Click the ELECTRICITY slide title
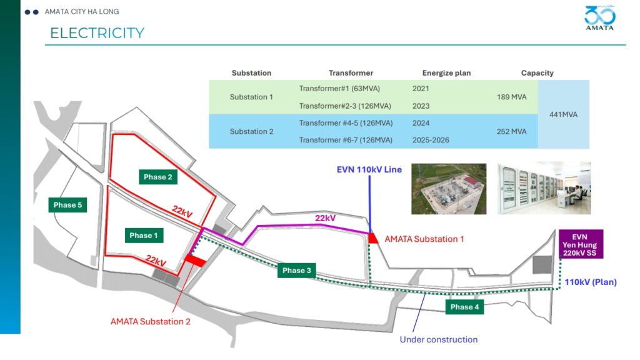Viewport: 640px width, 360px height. click(x=97, y=33)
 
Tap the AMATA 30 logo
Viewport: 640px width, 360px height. click(x=599, y=17)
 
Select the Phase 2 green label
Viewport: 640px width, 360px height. click(x=158, y=177)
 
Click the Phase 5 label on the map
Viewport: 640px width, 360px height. click(x=67, y=205)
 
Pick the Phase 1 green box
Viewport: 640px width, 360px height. click(x=144, y=236)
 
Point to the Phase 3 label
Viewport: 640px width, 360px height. click(x=297, y=271)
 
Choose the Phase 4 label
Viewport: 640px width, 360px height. click(x=464, y=307)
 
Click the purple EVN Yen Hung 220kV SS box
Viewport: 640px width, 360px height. click(x=581, y=244)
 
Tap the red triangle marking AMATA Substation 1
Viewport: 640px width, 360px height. click(x=373, y=238)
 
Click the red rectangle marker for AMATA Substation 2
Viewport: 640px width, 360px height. click(x=195, y=261)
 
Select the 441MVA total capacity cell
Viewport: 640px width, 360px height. click(x=563, y=115)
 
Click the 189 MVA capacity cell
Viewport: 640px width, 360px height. click(x=511, y=97)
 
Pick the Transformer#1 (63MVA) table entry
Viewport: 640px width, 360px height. click(x=339, y=89)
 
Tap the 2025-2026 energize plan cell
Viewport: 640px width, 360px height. click(x=431, y=140)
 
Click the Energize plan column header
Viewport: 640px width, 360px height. click(x=446, y=73)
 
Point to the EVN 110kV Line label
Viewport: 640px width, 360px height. click(x=369, y=169)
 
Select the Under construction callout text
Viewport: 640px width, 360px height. click(x=438, y=339)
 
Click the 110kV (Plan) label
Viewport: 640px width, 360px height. click(x=591, y=282)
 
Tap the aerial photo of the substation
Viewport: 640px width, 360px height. click(x=449, y=189)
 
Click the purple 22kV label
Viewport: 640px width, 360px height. click(x=325, y=218)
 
